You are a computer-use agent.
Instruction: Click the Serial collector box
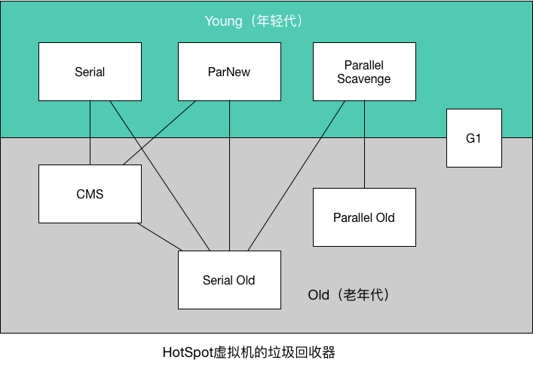coord(90,72)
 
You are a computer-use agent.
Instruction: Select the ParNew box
coord(229,72)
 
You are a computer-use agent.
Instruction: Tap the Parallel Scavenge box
coord(364,72)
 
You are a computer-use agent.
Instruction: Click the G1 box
coord(473,138)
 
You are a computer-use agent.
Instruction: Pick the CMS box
coord(90,194)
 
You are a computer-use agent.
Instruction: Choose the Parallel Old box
coord(364,217)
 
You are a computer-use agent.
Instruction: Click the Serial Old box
coord(229,280)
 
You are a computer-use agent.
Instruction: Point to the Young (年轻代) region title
coord(253,21)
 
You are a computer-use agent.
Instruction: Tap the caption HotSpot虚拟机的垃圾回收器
coord(248,352)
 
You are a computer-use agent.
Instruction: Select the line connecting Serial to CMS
coord(90,133)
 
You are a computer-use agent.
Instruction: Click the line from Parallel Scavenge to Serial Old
coord(296,175)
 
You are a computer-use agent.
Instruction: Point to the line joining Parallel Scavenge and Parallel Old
coord(364,143)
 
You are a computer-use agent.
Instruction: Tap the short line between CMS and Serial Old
coord(161,237)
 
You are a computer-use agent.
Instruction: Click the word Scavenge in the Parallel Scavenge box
coord(364,79)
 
